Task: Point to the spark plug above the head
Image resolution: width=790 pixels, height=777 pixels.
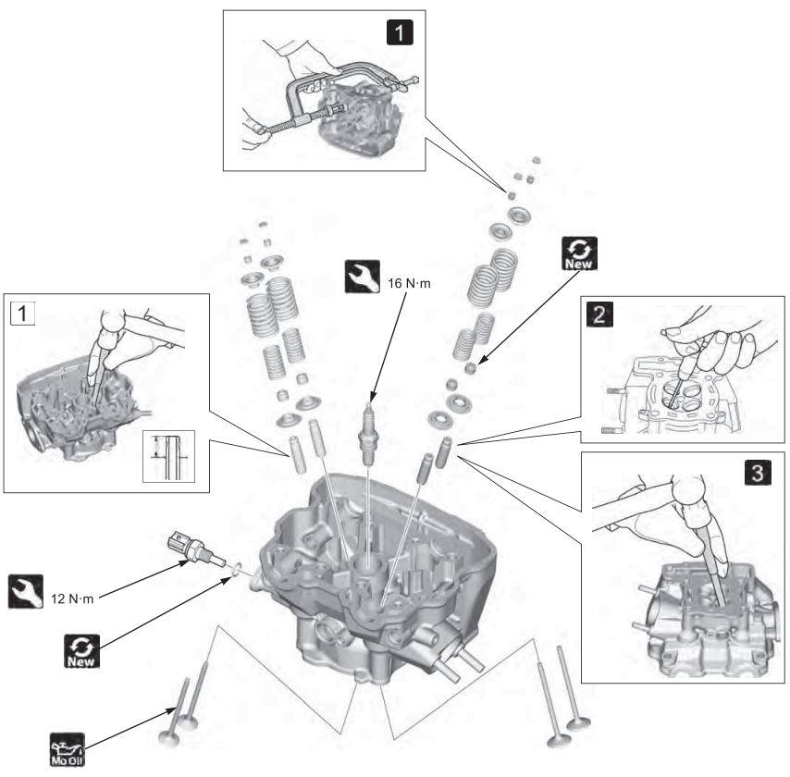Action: pos(370,426)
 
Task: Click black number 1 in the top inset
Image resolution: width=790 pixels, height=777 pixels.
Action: pos(398,33)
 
